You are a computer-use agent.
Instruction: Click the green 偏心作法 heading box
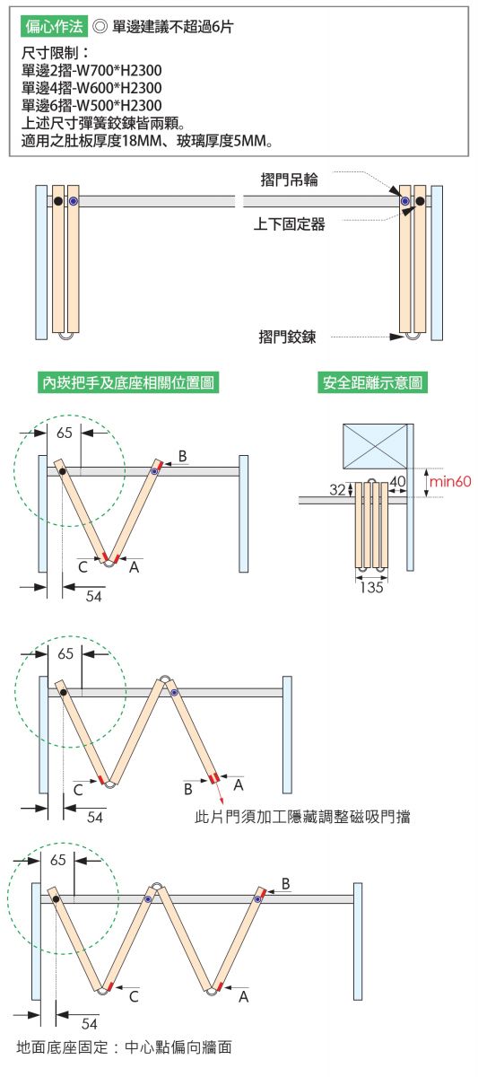[x=55, y=26]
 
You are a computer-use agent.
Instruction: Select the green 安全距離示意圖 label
[x=372, y=382]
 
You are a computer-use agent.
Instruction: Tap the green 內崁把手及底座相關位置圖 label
[x=127, y=382]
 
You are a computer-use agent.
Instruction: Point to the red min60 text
[x=450, y=481]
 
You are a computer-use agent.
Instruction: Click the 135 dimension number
[x=371, y=587]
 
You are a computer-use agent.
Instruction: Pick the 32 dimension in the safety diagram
[x=337, y=489]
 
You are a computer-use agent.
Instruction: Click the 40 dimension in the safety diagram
[x=397, y=481]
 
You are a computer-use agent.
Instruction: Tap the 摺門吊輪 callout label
[x=289, y=179]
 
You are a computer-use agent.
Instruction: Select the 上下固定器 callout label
[x=289, y=224]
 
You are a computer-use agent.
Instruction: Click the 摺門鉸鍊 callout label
[x=287, y=337]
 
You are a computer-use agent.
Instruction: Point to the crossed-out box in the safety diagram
[x=375, y=446]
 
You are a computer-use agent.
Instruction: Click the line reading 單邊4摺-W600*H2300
[x=91, y=88]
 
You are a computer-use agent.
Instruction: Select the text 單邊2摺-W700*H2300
[x=91, y=71]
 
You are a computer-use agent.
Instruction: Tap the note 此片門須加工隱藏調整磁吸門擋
[x=302, y=817]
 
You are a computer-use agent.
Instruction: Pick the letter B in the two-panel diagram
[x=183, y=456]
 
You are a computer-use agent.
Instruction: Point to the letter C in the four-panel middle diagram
[x=78, y=790]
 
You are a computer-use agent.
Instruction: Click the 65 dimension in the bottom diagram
[x=58, y=859]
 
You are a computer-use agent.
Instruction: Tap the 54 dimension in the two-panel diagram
[x=93, y=596]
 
